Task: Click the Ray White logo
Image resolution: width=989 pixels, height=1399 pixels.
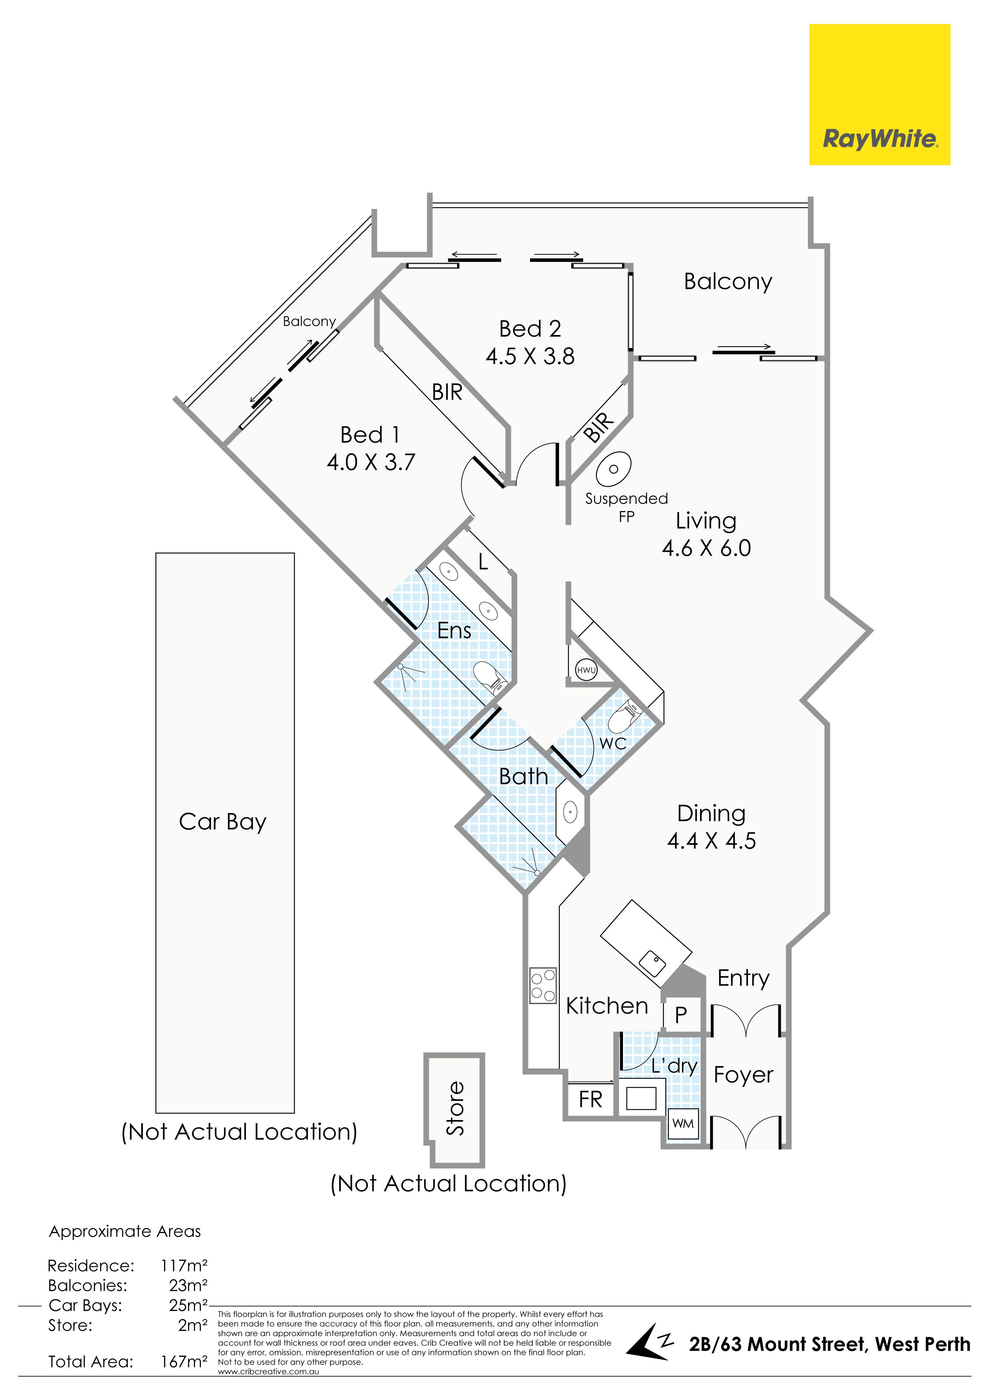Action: point(879,94)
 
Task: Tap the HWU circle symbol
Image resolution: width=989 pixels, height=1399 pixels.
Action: point(586,670)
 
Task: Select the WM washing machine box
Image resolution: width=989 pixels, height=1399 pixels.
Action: point(683,1123)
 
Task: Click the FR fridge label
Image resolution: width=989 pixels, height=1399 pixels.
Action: point(591,1099)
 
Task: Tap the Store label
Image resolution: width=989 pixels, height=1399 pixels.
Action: point(455,1108)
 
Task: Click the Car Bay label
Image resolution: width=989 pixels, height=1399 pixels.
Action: point(222,822)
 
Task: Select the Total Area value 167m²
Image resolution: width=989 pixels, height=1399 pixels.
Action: point(184,1362)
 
